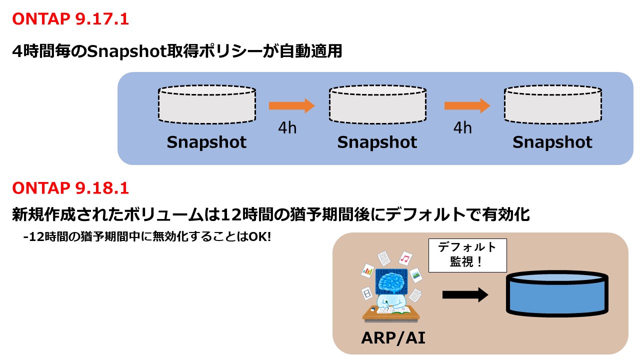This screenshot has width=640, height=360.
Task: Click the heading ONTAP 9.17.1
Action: click(70, 19)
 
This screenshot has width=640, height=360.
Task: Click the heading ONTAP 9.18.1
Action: click(70, 188)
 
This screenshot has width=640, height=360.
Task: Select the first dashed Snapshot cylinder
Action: click(206, 104)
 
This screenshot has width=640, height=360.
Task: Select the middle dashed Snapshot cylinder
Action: click(377, 104)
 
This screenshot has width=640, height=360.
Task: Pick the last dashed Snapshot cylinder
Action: click(552, 104)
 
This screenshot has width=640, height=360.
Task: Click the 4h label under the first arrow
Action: click(287, 128)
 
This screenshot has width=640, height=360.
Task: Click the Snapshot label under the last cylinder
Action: click(552, 142)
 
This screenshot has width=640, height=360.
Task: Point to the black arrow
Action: click(464, 295)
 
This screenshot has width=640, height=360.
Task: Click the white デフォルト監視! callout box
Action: click(467, 255)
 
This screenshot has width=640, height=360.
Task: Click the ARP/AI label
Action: click(393, 338)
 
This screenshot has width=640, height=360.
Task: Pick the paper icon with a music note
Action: click(405, 258)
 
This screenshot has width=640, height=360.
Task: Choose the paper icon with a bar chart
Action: click(368, 271)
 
